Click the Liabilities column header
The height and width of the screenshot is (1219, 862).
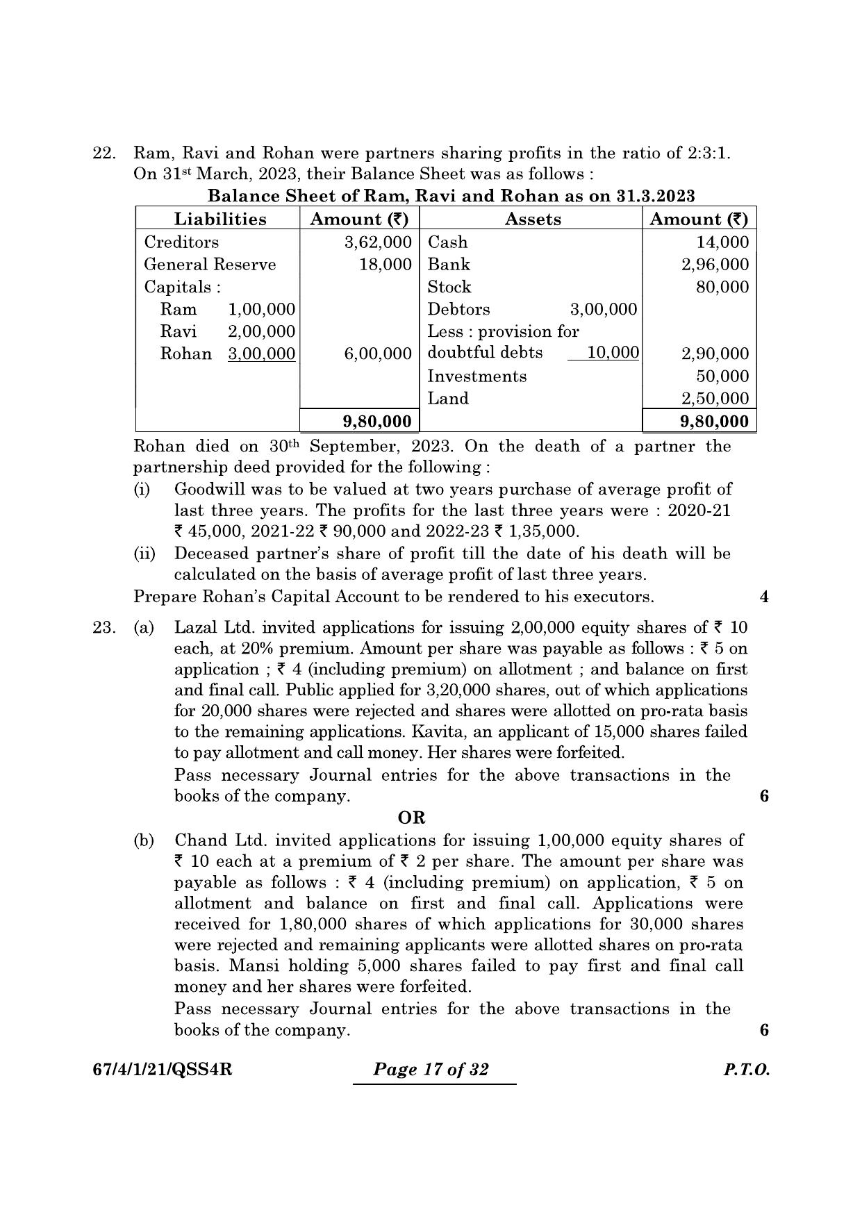(x=219, y=219)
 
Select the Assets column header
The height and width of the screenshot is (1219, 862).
(x=533, y=219)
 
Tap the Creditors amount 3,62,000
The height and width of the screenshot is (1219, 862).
(x=378, y=242)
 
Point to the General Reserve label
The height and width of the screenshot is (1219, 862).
(x=210, y=265)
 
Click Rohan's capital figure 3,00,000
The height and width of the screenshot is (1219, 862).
(x=262, y=354)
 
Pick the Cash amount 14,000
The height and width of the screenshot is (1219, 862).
(x=722, y=242)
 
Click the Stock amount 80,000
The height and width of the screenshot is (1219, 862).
(x=722, y=287)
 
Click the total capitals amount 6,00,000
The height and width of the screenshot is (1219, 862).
(x=378, y=354)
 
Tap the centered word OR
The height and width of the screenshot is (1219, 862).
(x=411, y=818)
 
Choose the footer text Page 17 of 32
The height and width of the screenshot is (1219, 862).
(x=431, y=1069)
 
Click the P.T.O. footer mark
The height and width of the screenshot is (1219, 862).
(x=746, y=1070)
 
